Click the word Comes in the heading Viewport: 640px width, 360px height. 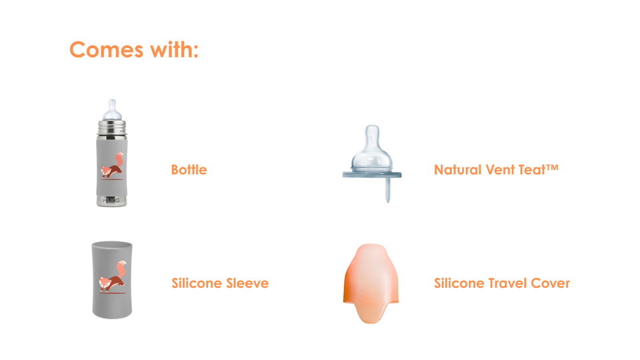pyautogui.click(x=106, y=50)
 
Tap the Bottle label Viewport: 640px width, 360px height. pyautogui.click(x=189, y=169)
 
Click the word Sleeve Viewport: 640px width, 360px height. pyautogui.click(x=247, y=283)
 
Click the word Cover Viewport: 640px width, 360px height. pyautogui.click(x=550, y=283)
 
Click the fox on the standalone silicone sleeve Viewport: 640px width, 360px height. pyautogui.click(x=113, y=277)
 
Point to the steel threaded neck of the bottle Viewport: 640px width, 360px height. pyautogui.click(x=112, y=129)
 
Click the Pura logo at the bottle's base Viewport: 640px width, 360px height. pyautogui.click(x=111, y=200)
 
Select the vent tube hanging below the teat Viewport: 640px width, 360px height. pyautogui.click(x=388, y=190)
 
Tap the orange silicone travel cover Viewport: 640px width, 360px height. pyautogui.click(x=371, y=283)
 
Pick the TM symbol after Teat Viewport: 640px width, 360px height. pyautogui.click(x=552, y=167)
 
